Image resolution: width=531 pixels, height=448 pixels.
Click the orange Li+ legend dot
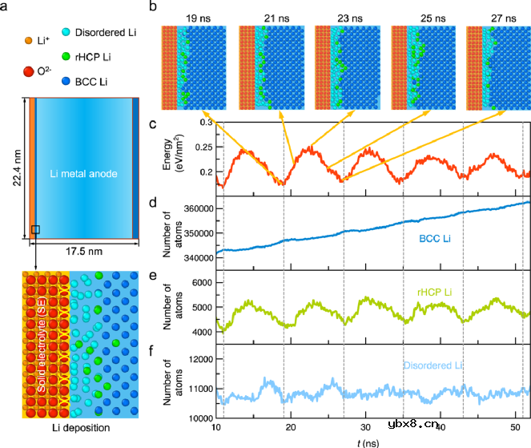(29, 40)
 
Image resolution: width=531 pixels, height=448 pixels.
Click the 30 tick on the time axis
(366, 428)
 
